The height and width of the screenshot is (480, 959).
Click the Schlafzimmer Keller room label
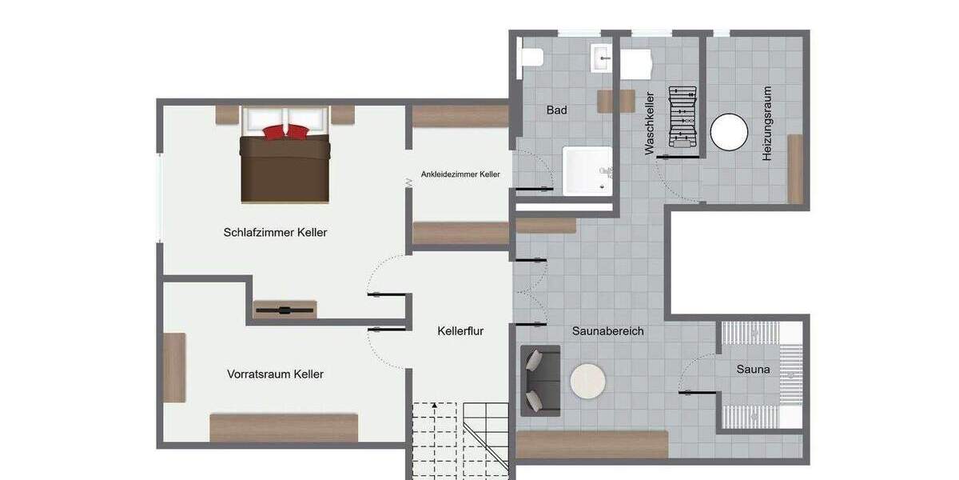coord(275,233)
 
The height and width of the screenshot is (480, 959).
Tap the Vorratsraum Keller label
coord(275,374)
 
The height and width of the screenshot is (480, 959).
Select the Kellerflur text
coord(460,330)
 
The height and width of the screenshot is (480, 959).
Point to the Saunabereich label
coord(607,330)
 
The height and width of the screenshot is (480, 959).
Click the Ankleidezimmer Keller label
coord(460,174)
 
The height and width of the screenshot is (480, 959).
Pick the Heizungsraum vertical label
coord(767,124)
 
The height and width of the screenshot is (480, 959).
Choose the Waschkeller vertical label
coord(650,122)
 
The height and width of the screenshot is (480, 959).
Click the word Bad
coord(556,110)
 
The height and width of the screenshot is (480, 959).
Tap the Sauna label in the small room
coord(753,370)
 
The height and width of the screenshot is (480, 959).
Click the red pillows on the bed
coord(285,132)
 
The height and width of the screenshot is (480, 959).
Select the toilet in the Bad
coord(531,57)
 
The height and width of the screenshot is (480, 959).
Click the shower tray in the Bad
coord(587,170)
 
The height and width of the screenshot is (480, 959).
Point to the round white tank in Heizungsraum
coord(729,132)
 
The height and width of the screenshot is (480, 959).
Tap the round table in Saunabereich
coord(588,382)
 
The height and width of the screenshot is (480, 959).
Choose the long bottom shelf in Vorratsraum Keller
coord(283,427)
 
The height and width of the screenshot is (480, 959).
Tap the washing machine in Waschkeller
coord(638,64)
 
